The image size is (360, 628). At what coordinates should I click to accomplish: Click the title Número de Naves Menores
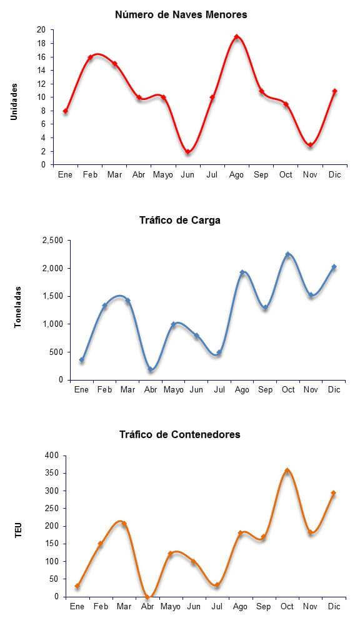click(x=181, y=15)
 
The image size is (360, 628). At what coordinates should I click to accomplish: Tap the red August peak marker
click(x=237, y=37)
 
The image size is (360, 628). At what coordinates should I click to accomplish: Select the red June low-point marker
click(x=187, y=152)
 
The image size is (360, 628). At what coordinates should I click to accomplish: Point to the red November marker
click(x=310, y=145)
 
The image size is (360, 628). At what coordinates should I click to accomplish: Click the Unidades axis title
click(x=14, y=102)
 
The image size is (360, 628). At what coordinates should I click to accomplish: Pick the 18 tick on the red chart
click(x=41, y=43)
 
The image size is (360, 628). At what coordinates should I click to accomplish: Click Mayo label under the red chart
click(x=163, y=175)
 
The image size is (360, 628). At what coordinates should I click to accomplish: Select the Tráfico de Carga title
click(x=180, y=221)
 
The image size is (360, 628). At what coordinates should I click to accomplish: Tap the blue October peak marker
click(x=287, y=254)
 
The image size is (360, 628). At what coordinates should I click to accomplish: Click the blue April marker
click(x=151, y=369)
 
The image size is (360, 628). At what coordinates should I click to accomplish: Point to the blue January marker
click(x=82, y=360)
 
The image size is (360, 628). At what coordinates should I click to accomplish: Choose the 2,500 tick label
click(x=53, y=241)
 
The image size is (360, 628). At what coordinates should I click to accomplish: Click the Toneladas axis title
click(x=17, y=307)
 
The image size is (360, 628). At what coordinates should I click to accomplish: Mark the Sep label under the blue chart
click(x=265, y=390)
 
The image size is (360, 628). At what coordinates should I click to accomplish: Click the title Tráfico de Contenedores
click(x=180, y=434)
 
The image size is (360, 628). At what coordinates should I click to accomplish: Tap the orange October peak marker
click(x=287, y=471)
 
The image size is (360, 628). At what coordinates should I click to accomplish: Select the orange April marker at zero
click(x=147, y=597)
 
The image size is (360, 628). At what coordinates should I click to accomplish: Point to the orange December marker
click(x=333, y=493)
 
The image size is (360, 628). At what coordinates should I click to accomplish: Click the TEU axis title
click(x=18, y=530)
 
